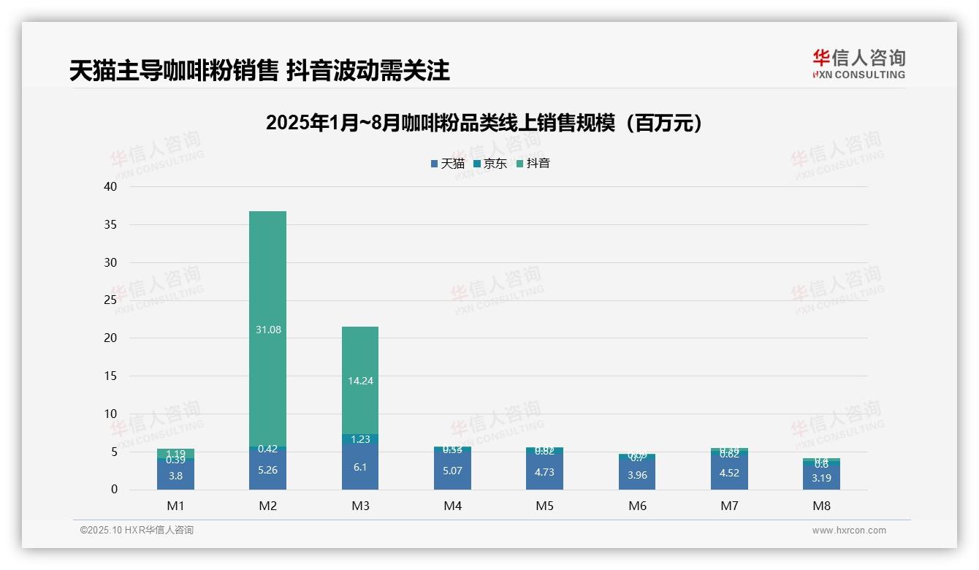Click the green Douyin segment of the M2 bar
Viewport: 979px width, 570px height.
[x=267, y=292]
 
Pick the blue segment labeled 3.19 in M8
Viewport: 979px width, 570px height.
[x=822, y=479]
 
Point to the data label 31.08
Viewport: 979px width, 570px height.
[x=268, y=330]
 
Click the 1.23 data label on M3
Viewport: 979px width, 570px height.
[x=360, y=439]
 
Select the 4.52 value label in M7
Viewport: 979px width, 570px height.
[x=729, y=473]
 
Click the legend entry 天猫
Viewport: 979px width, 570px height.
[x=447, y=164]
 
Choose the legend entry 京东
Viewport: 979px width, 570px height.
[x=490, y=164]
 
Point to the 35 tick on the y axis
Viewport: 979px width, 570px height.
[x=110, y=224]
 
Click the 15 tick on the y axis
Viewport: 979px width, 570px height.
[x=110, y=376]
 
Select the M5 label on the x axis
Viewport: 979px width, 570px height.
[x=544, y=506]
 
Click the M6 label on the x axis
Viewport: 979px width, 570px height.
[x=637, y=506]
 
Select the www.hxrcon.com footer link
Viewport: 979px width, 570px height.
[x=848, y=531]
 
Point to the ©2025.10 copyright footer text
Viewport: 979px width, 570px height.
[x=137, y=531]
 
